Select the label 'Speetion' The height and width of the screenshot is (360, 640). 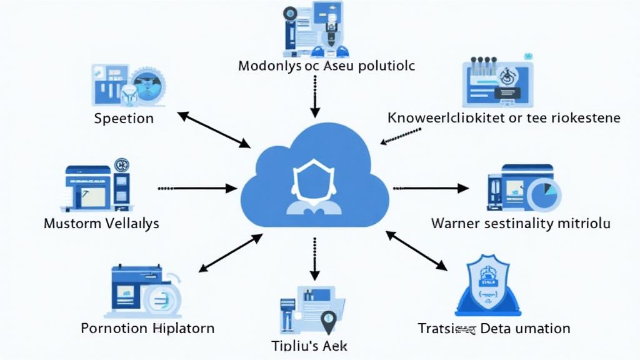pos(124,118)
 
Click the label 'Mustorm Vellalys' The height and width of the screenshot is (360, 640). pos(101,223)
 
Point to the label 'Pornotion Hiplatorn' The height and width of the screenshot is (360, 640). pos(147,328)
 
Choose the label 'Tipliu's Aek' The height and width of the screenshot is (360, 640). pos(309,346)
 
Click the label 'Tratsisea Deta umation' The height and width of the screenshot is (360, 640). pos(493,328)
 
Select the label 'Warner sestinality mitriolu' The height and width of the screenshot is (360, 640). pos(521,223)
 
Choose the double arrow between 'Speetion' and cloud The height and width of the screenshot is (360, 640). pos(214,129)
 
